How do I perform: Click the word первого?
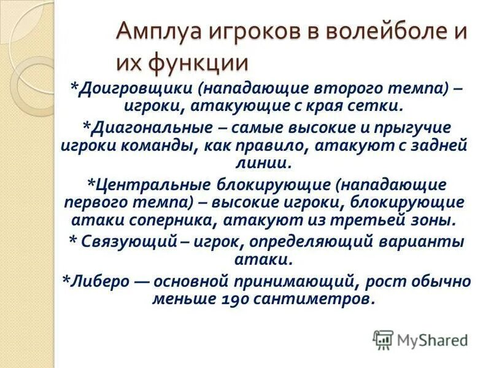[x=99, y=202]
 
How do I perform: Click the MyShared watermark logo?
[x=420, y=339]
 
